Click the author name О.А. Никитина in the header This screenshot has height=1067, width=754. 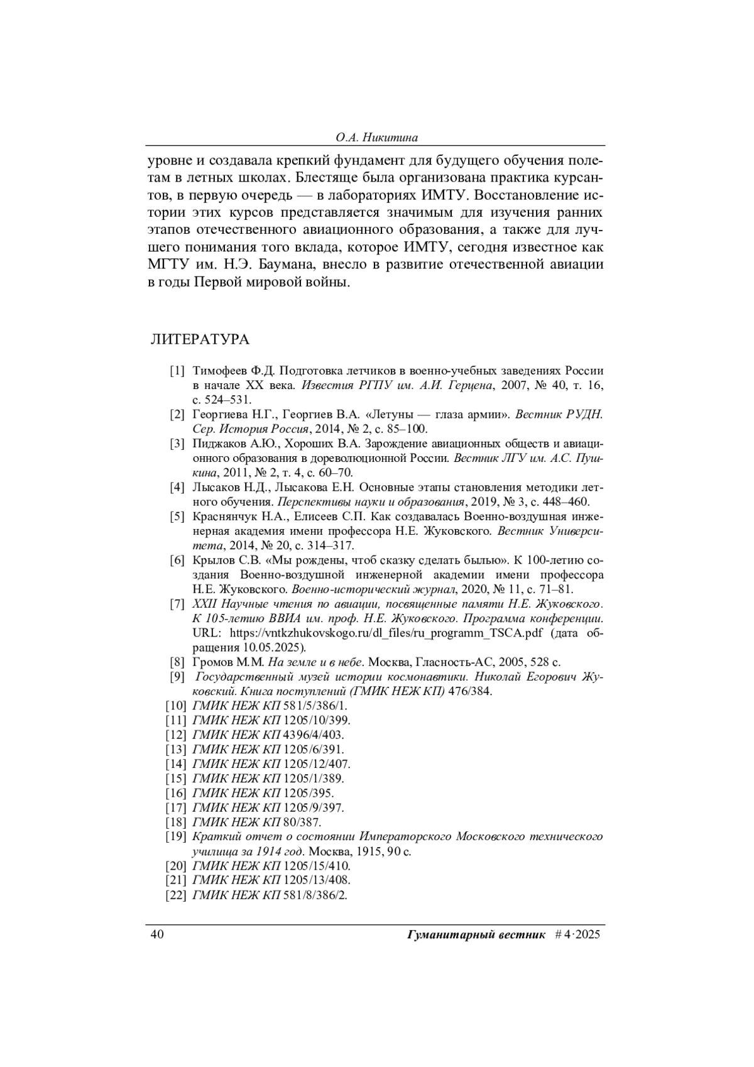click(376, 137)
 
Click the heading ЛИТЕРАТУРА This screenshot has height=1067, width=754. click(199, 340)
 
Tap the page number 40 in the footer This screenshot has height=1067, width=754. click(156, 934)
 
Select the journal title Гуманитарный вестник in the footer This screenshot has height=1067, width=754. click(476, 934)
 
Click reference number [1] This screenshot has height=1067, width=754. click(177, 370)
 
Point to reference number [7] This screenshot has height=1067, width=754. click(177, 605)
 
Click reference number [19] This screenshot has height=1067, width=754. click(175, 837)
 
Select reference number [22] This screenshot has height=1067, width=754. click(175, 895)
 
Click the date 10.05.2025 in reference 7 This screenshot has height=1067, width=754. click(273, 647)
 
